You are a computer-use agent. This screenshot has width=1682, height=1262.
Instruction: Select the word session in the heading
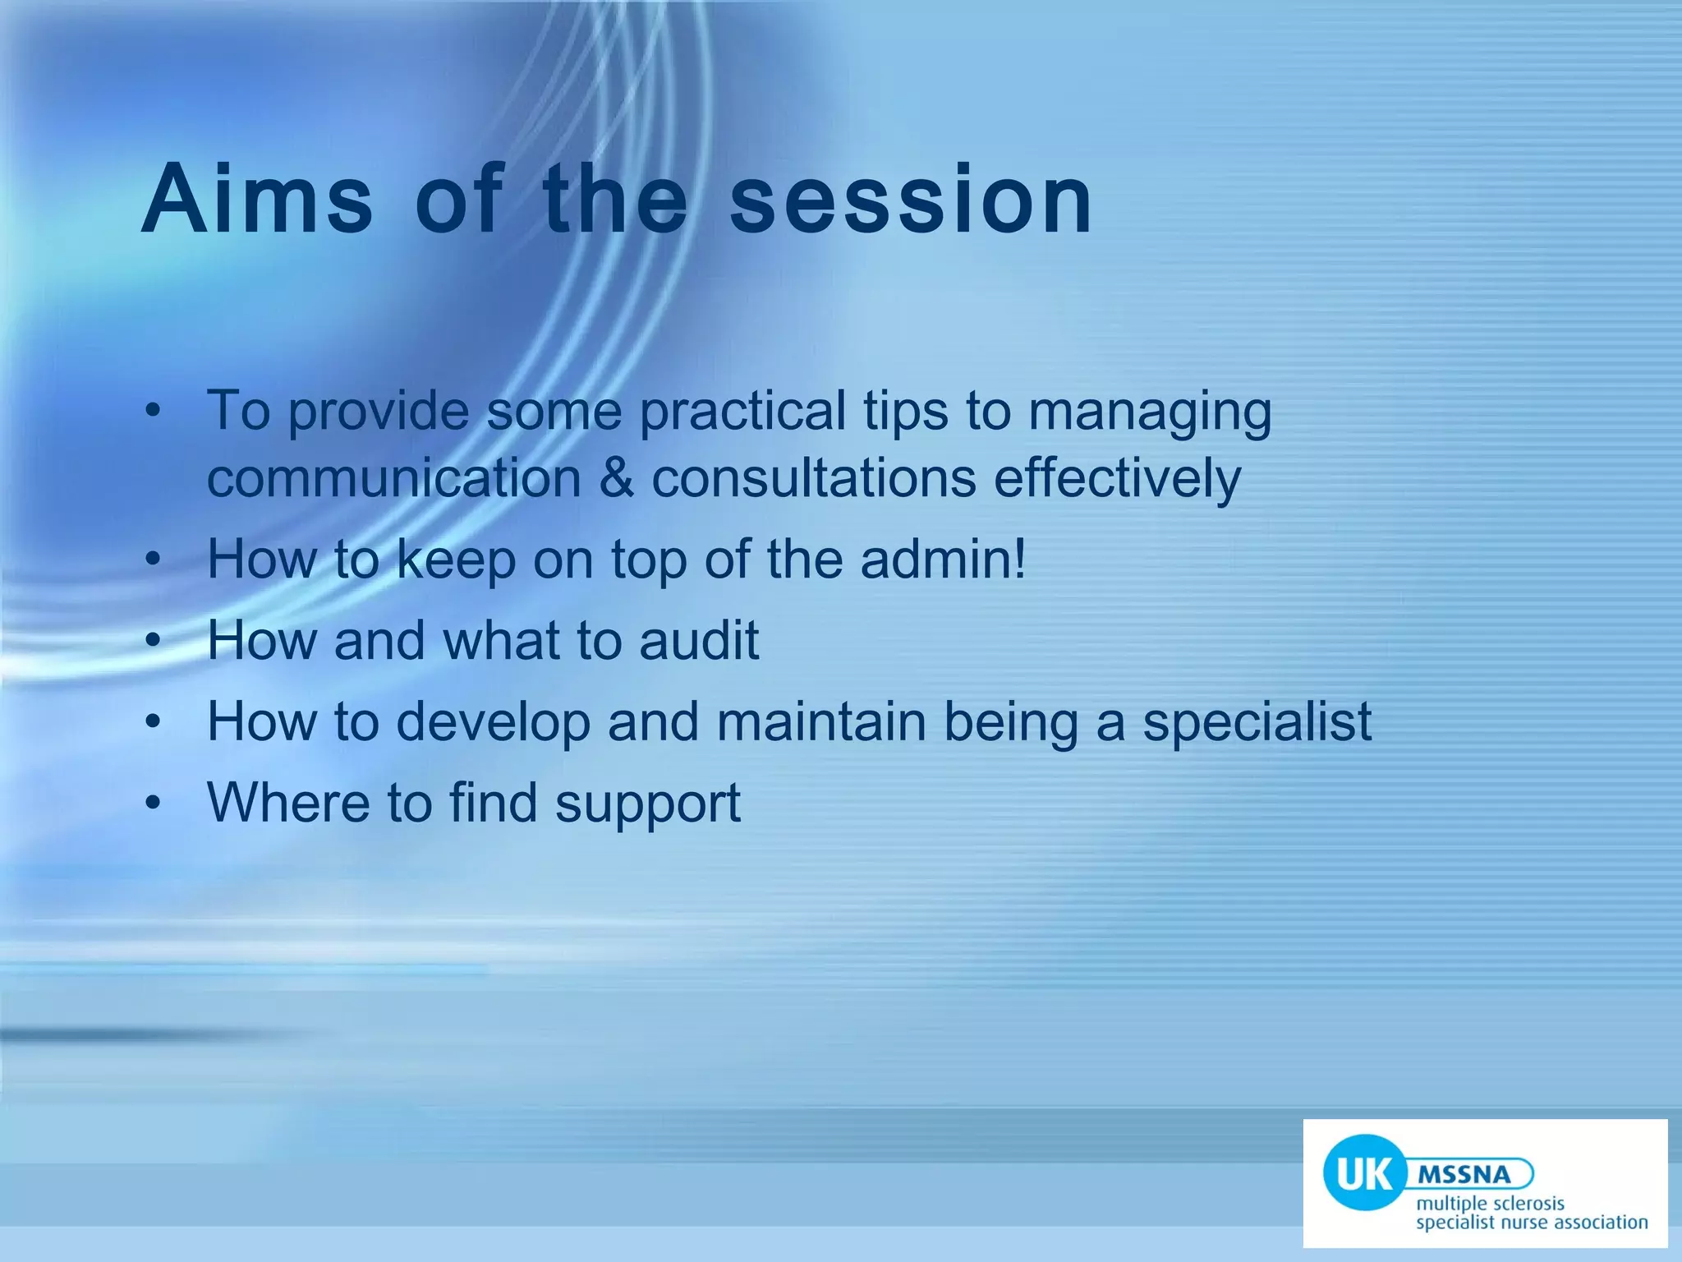point(912,200)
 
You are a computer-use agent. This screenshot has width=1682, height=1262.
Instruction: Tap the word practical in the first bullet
point(742,411)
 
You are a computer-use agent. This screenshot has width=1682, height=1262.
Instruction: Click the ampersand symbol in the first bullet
point(616,478)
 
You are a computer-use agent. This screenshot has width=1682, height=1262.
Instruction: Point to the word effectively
point(1117,478)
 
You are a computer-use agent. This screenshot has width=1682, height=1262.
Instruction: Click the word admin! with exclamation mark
point(944,559)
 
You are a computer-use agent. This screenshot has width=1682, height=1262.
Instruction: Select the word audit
point(699,640)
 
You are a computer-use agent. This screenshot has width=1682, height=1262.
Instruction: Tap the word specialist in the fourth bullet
point(1257,721)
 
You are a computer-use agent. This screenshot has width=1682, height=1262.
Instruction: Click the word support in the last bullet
point(648,803)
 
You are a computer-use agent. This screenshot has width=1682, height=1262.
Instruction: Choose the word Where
point(288,803)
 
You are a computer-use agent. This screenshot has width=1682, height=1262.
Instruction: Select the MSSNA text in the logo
point(1464,1174)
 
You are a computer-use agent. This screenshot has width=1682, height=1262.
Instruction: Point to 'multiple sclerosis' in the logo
point(1490,1204)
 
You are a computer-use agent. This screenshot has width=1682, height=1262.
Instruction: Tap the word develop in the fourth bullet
point(494,721)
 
